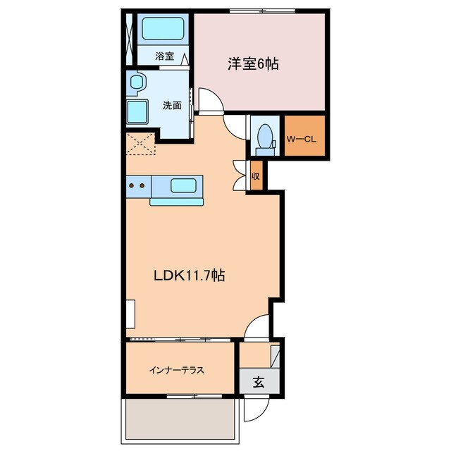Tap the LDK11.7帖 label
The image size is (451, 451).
coord(190,276)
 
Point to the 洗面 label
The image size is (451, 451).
coord(173,106)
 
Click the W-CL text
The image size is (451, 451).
coord(302,138)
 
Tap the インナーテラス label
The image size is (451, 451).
coord(177,369)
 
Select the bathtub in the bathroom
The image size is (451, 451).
coord(163,30)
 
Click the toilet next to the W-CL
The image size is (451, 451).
coord(266,137)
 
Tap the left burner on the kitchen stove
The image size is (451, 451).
coord(132,186)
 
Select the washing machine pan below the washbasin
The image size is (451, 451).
coord(137,111)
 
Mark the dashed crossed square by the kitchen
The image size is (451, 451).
coord(140,143)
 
